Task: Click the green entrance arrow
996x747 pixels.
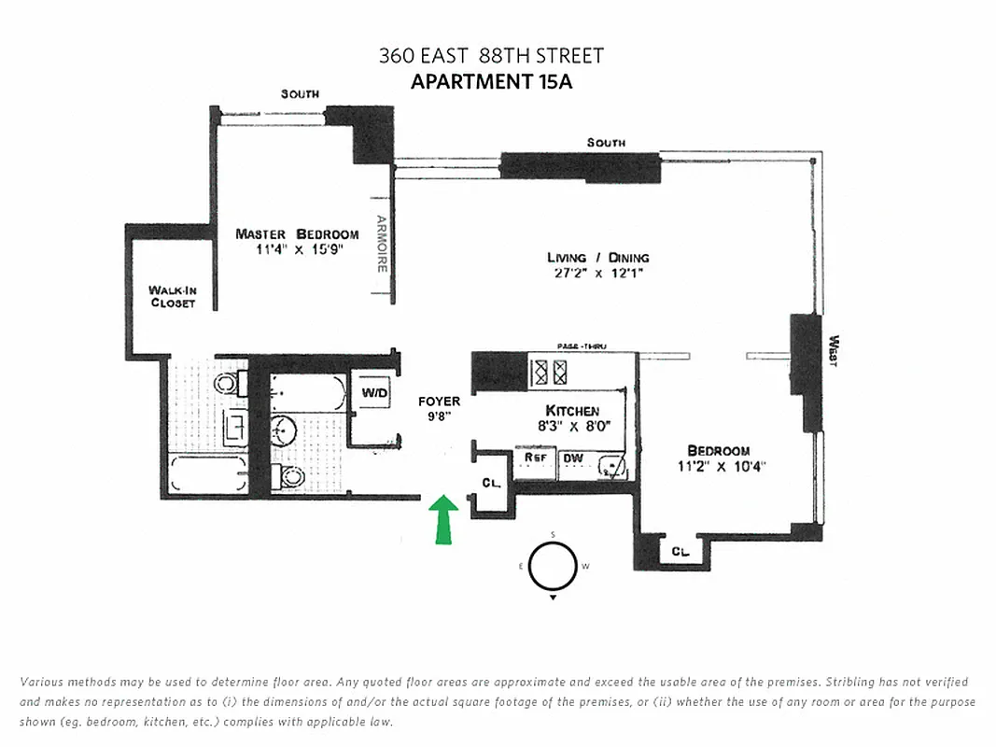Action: point(443,519)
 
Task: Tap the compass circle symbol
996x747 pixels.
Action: point(553,566)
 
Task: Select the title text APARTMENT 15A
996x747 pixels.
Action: point(491,81)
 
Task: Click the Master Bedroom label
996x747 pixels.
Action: point(297,233)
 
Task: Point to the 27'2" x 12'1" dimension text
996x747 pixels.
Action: point(597,274)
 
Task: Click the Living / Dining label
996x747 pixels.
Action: point(597,257)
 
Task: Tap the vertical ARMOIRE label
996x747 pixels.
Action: point(381,245)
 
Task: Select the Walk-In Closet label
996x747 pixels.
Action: point(172,297)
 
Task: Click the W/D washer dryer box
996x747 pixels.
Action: point(374,393)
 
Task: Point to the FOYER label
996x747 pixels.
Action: point(439,402)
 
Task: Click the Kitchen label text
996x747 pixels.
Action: point(572,411)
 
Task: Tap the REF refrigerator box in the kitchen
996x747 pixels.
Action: point(535,458)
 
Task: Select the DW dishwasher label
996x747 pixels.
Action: point(572,458)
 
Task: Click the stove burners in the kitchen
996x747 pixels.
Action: point(548,373)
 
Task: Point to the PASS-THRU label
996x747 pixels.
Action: point(582,346)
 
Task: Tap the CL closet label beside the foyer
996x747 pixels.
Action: point(491,483)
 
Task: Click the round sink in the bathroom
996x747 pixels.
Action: point(284,430)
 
